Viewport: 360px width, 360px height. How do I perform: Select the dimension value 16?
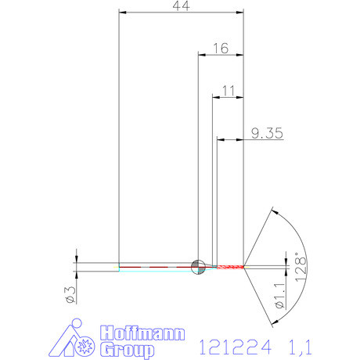point(220,49)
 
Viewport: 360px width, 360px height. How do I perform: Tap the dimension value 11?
point(229,91)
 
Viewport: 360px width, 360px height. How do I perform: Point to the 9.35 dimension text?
point(267,133)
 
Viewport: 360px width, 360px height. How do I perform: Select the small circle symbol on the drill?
point(198,266)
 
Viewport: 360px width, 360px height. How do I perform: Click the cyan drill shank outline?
point(157,270)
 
